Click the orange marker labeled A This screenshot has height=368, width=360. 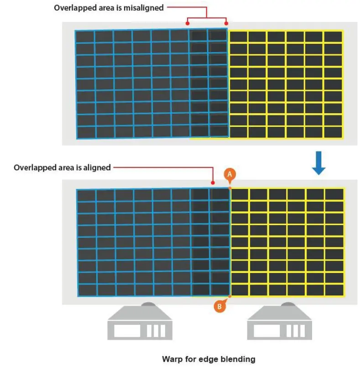pos(230,174)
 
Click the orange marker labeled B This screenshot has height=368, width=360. pos(219,307)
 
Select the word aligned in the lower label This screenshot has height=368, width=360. pos(96,168)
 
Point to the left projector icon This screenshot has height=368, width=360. pos(139,322)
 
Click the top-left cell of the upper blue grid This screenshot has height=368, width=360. pos(85,37)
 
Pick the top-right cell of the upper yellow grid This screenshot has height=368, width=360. pos(333,37)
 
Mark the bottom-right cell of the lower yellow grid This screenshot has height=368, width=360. pos(334,289)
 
